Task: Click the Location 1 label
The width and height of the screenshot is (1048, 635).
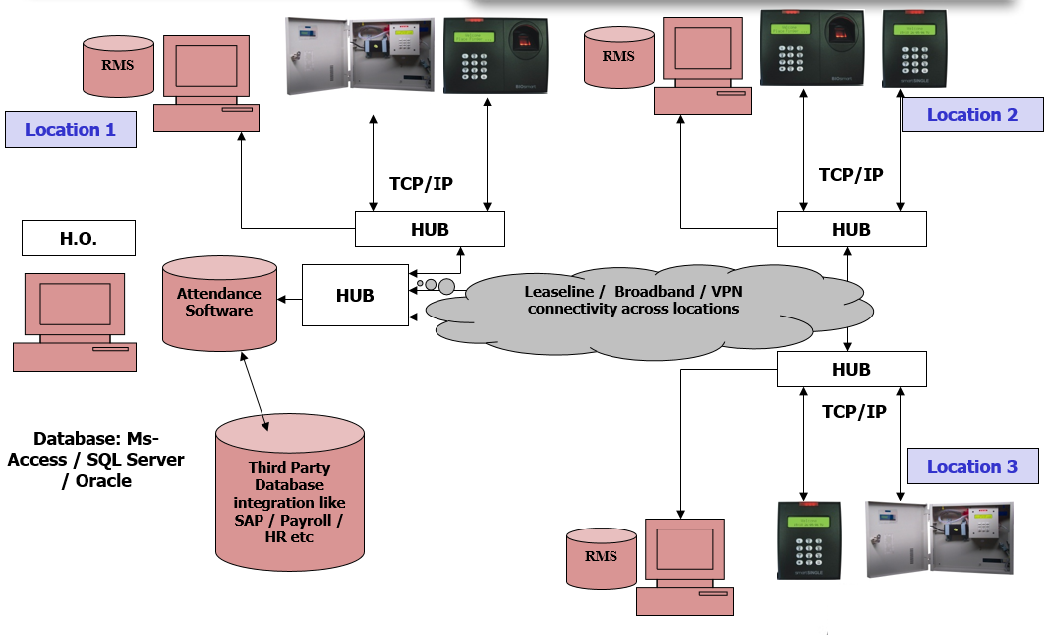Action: [x=71, y=130]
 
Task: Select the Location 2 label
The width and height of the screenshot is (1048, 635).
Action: [x=971, y=115]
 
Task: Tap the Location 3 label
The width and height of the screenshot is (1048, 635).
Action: [x=971, y=467]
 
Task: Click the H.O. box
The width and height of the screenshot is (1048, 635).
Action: [x=79, y=238]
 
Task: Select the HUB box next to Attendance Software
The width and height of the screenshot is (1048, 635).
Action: [x=354, y=296]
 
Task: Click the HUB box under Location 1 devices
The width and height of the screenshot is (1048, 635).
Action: [x=430, y=229]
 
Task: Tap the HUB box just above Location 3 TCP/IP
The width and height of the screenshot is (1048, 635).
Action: [x=850, y=370]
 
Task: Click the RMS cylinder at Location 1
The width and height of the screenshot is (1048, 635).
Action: [x=118, y=67]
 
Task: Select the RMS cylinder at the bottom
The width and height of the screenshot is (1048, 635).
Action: [x=601, y=557]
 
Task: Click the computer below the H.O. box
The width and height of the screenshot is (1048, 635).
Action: [x=75, y=324]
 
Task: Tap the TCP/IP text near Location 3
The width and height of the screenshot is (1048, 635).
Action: [x=855, y=411]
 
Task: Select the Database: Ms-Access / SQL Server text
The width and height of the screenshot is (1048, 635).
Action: [x=96, y=459]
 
